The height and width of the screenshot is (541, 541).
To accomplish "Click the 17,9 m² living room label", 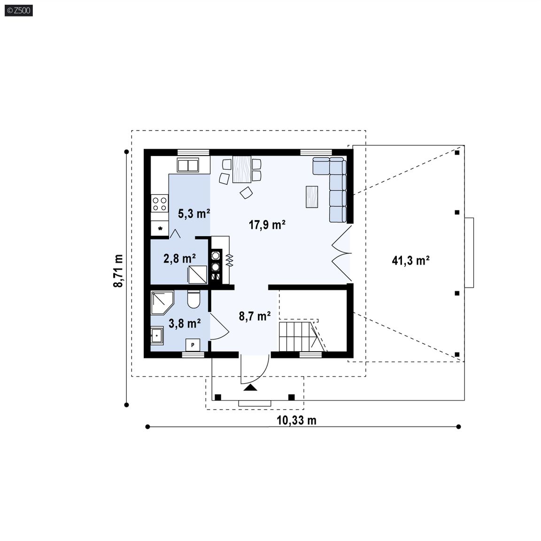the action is tap(267, 225).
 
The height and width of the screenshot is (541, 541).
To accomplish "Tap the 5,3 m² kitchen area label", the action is tap(194, 214).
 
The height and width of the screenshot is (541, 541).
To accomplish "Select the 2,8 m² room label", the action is tap(179, 258).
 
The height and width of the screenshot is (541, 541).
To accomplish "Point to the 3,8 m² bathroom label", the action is tap(185, 324).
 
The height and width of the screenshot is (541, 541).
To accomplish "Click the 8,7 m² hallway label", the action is tap(255, 316).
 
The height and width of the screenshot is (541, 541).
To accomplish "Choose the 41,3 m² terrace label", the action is tap(410, 260).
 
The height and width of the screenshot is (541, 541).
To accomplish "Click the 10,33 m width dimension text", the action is tap(296, 420).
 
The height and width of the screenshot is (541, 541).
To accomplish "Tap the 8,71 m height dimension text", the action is tap(118, 271).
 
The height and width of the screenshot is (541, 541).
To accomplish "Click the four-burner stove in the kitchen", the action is tap(160, 203).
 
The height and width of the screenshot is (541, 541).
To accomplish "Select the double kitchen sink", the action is tap(188, 165).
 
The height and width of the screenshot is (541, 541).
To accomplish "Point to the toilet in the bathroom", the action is tap(193, 299).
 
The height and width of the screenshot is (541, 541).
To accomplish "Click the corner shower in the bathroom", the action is tap(162, 302).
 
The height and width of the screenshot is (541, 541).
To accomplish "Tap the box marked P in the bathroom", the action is tap(193, 345).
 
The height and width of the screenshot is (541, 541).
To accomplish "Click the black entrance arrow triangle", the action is tap(250, 387).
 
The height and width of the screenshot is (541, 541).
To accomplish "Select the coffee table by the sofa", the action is tap(312, 197).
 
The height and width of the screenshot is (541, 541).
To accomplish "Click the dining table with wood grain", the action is tap(241, 169).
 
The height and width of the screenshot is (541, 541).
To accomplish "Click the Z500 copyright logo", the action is tap(19, 10).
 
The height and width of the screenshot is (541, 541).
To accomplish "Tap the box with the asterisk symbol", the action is tap(160, 228).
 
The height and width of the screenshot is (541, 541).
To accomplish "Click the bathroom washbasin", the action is tap(157, 335).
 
